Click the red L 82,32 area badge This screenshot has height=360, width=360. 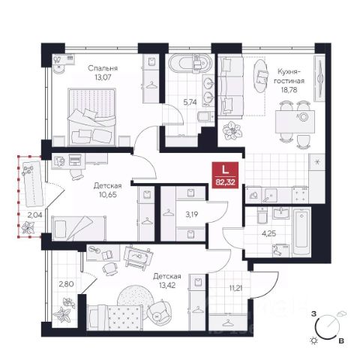pos(225,175)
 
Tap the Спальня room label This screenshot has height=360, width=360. pos(103,68)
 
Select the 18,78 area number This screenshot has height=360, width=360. pos(289,90)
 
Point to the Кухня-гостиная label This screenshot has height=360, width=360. pos(289,76)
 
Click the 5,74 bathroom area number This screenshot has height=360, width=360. pos(190,102)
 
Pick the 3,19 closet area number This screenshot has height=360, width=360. pos(191,214)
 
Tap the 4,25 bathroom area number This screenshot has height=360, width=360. pos(269,234)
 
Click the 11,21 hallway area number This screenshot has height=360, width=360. pos(236,288)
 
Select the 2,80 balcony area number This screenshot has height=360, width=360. pos(66,284)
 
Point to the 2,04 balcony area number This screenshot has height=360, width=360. pos(34,215)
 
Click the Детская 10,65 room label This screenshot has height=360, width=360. pos(108,190)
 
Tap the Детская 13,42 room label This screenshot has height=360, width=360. pos(167,280)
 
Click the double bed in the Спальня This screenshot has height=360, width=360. pos(92,117)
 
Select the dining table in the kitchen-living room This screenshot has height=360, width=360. pos(295,122)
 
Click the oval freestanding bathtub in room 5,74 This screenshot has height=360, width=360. pos(190,63)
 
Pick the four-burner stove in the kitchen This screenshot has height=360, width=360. pos(300,194)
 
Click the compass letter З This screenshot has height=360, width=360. pos(313,313)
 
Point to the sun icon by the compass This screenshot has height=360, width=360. pos(313,340)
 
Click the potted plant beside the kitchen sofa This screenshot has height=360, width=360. pos(232,130)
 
